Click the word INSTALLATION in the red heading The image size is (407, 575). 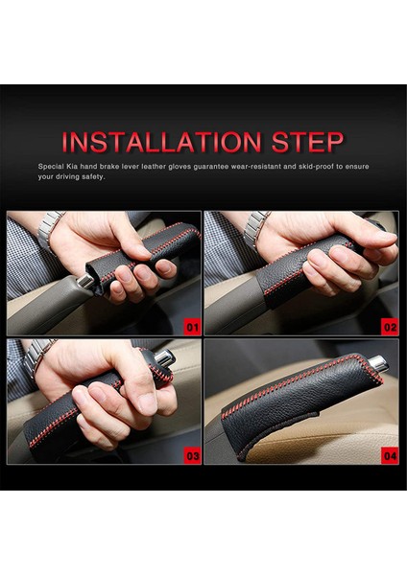161,142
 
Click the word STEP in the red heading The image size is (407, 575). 308,142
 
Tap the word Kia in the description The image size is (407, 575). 72,166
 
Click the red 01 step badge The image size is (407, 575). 193,327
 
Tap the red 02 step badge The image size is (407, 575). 390,327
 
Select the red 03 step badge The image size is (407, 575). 193,456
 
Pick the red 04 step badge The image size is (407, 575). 390,456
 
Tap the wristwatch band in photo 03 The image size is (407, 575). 37,355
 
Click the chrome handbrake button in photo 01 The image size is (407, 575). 85,281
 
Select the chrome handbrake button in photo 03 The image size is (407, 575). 164,358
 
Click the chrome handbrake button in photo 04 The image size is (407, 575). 378,363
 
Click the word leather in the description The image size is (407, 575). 154,166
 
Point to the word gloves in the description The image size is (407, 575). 180,167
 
